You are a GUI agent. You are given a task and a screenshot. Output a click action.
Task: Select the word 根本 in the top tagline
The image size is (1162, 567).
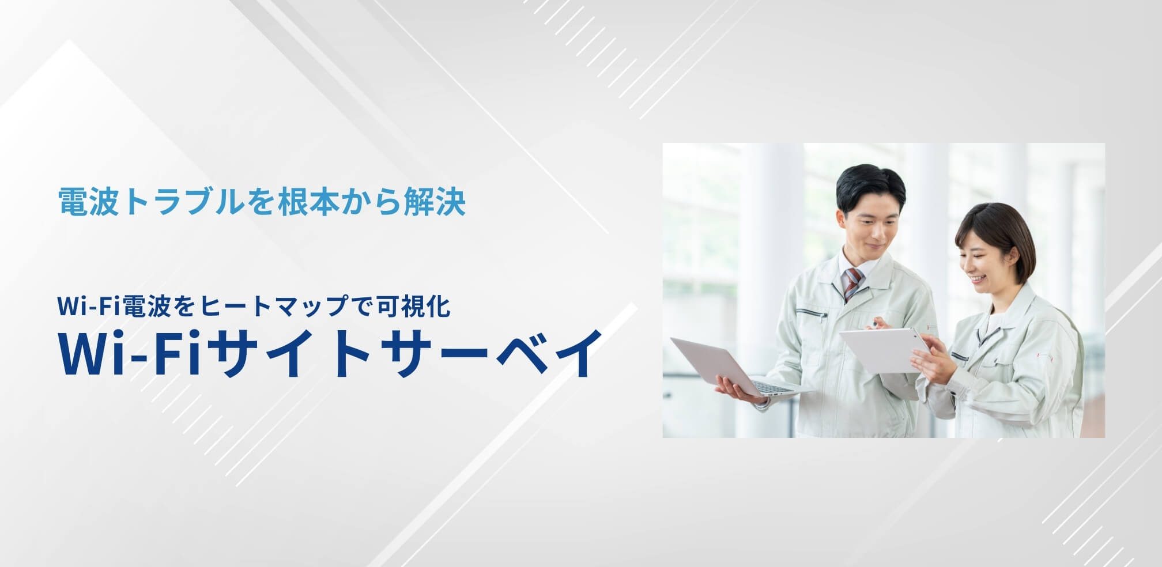pos(309,202)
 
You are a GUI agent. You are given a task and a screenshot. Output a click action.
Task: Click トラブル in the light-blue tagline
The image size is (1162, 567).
pos(184,202)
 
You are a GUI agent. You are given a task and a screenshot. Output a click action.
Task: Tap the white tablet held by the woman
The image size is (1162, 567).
pos(883,349)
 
